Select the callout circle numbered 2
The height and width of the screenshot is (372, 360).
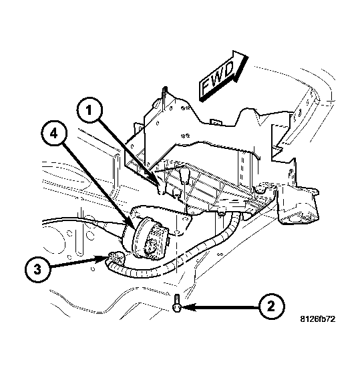point(270,307)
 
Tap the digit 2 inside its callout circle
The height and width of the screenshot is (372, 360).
point(270,307)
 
